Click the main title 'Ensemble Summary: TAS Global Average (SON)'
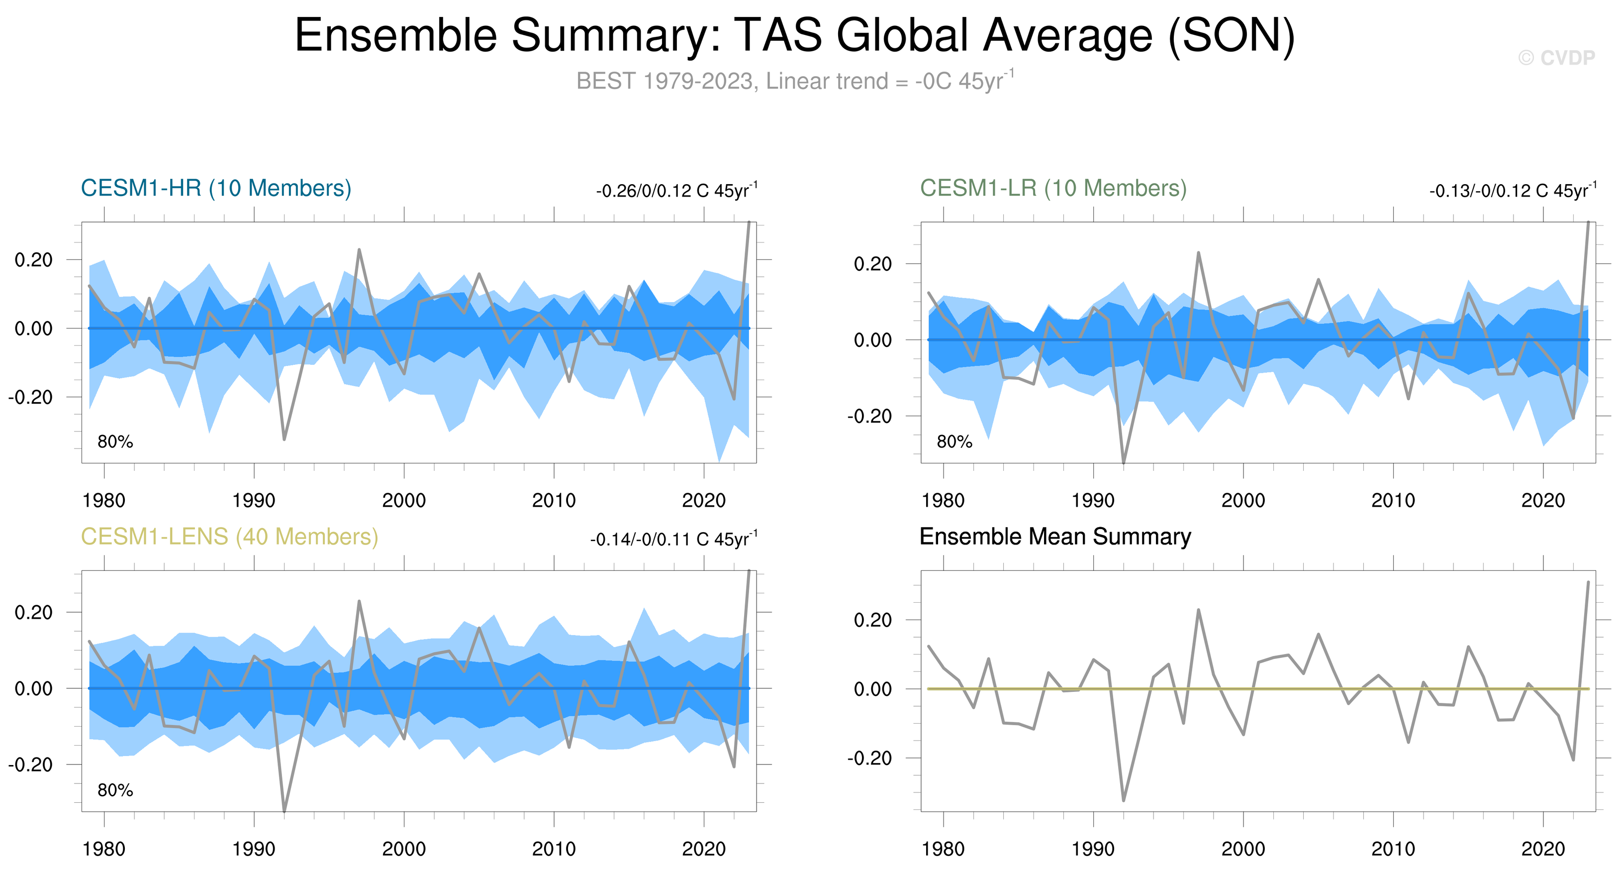coord(795,35)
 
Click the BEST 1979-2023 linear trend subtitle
coord(795,81)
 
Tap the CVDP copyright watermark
coord(1556,58)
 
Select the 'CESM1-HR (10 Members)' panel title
coord(216,188)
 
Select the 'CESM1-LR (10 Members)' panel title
coord(1053,188)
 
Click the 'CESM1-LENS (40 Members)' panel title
coord(229,537)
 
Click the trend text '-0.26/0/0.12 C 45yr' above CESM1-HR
coord(676,191)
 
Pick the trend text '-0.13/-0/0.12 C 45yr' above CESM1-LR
coord(1513,191)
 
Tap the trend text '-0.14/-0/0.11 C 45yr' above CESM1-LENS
coord(673,539)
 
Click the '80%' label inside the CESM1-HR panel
coord(115,441)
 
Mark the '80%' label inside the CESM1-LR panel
coord(954,441)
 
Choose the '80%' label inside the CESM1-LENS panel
coord(115,790)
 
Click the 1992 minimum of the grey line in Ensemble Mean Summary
coord(1123,800)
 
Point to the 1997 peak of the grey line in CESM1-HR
coord(359,250)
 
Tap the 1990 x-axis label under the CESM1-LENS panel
coord(254,849)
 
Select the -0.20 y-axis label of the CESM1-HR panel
coord(31,397)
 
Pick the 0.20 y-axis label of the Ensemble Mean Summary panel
coord(872,620)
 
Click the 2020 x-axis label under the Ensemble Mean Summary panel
coord(1542,849)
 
